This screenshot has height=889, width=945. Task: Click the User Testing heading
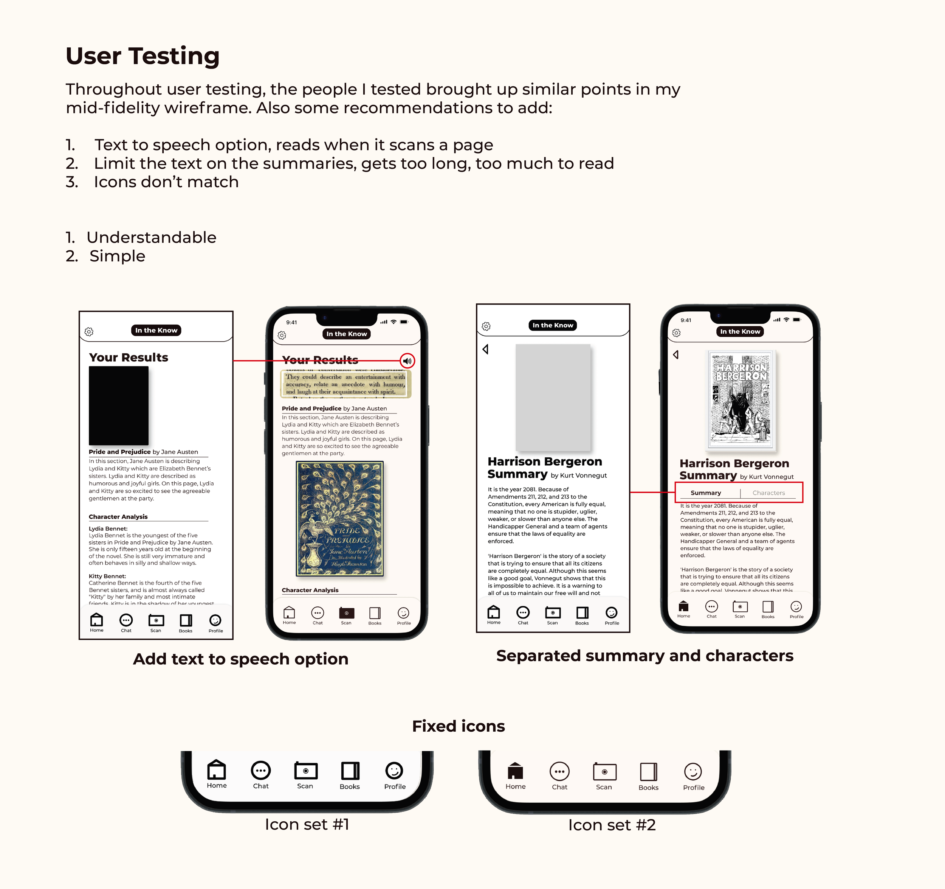[x=143, y=56]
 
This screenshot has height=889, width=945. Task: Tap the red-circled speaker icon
[x=407, y=361]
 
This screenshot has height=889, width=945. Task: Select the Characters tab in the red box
[x=768, y=493]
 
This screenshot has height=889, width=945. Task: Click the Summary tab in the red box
[x=705, y=493]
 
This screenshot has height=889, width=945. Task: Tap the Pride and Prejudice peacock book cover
[x=339, y=519]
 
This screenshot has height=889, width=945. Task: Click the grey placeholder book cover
[x=553, y=398]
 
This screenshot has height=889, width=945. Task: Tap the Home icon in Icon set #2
[x=515, y=771]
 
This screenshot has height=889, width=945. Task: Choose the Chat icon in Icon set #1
[x=260, y=770]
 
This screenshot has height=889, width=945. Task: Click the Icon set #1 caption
[x=307, y=824]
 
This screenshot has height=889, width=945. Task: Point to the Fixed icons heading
[x=458, y=726]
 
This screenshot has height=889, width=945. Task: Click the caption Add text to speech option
[x=240, y=659]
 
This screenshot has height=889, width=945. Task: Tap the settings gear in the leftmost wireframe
[x=89, y=331]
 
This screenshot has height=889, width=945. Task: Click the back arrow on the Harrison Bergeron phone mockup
[x=675, y=354]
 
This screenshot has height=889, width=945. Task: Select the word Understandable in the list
[x=151, y=237]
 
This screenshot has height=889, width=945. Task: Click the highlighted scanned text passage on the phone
[x=345, y=384]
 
